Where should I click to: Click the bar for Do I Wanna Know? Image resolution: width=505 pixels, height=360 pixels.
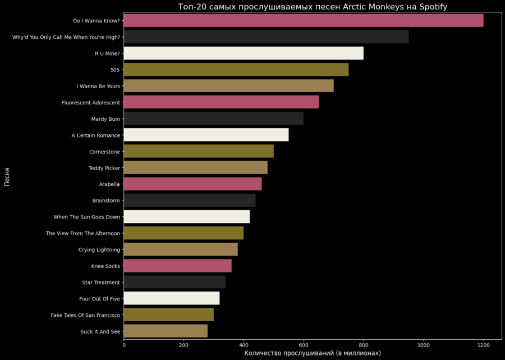tap(303, 21)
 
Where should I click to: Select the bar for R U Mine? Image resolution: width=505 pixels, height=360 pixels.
tap(244, 53)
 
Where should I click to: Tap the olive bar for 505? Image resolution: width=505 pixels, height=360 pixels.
tap(236, 70)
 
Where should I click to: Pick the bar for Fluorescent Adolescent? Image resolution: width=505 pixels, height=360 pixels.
tap(221, 102)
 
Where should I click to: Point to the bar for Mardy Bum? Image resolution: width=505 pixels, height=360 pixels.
tap(213, 119)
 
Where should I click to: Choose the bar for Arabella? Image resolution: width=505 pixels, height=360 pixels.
tap(192, 184)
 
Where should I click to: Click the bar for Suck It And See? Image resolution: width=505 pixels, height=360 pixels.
tap(166, 331)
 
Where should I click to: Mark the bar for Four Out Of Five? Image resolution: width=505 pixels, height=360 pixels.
tap(171, 298)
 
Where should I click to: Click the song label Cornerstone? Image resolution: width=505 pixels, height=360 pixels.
tap(104, 152)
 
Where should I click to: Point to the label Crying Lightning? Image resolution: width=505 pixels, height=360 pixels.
tap(99, 249)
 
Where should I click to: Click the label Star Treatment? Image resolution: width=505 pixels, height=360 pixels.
tap(101, 282)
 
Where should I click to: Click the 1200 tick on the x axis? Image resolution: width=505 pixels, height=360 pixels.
tap(483, 345)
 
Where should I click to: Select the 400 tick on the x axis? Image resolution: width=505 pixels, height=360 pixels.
tap(244, 345)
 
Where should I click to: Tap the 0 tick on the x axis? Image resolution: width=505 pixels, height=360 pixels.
tap(124, 345)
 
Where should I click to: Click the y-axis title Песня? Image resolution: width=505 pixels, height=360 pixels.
tap(7, 176)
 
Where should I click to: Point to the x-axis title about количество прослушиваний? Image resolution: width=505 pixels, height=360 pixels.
tap(313, 353)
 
